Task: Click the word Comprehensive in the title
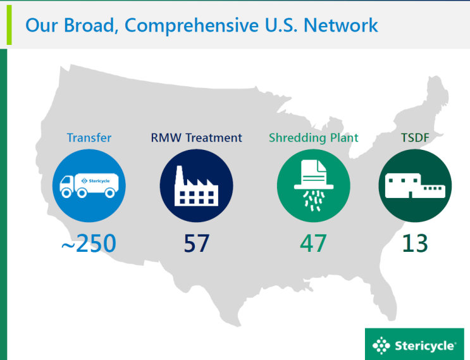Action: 191,26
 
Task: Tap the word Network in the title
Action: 340,25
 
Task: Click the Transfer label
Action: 89,137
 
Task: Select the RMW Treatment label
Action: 196,137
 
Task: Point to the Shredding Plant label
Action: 314,138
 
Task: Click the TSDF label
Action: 415,137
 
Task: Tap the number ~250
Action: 89,243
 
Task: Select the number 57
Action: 196,243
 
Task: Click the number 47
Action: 313,243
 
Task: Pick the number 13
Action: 415,243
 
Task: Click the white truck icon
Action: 89,185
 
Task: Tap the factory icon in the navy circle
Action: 196,186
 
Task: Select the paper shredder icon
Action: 314,185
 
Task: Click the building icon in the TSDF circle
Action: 415,185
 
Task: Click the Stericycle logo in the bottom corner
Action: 414,344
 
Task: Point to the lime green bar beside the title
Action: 9,25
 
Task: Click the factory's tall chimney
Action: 179,177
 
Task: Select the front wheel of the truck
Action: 66,193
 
